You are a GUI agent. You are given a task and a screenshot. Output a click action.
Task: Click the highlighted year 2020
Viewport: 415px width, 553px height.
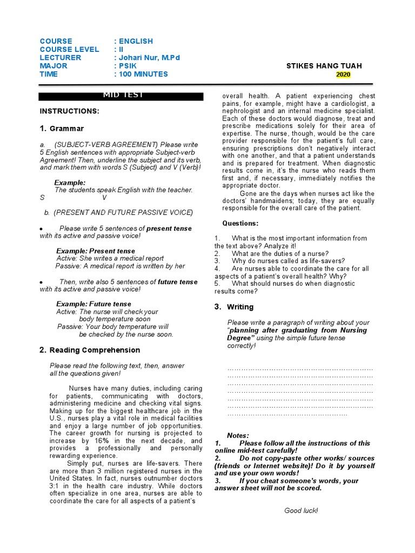click(343, 75)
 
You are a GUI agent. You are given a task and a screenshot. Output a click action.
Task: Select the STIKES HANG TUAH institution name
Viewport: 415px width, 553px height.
click(324, 66)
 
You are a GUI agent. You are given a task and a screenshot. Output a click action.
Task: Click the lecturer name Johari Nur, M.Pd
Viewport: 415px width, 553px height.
click(146, 58)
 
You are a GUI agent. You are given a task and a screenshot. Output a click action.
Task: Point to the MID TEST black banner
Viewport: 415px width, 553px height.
click(121, 96)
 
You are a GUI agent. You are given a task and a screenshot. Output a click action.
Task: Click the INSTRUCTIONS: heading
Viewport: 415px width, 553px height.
click(69, 111)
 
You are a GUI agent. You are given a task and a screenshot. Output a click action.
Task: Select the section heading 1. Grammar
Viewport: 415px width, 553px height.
click(62, 129)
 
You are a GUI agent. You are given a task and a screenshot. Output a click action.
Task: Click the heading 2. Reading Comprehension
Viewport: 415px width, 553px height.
click(90, 350)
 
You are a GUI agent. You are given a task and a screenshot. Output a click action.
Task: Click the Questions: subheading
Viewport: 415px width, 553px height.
click(240, 224)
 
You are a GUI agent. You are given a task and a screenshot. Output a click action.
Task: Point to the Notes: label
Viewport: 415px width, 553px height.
click(238, 435)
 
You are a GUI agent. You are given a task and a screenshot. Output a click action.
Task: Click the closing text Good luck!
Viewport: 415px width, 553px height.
click(301, 510)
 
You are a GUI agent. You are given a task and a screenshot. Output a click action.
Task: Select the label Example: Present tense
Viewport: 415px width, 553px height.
click(96, 251)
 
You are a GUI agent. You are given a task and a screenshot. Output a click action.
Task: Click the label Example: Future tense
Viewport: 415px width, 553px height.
click(93, 304)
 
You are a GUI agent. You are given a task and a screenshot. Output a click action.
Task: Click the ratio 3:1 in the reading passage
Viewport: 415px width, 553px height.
click(56, 486)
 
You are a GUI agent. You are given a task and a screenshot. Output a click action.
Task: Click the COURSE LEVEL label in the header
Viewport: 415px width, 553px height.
click(69, 50)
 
